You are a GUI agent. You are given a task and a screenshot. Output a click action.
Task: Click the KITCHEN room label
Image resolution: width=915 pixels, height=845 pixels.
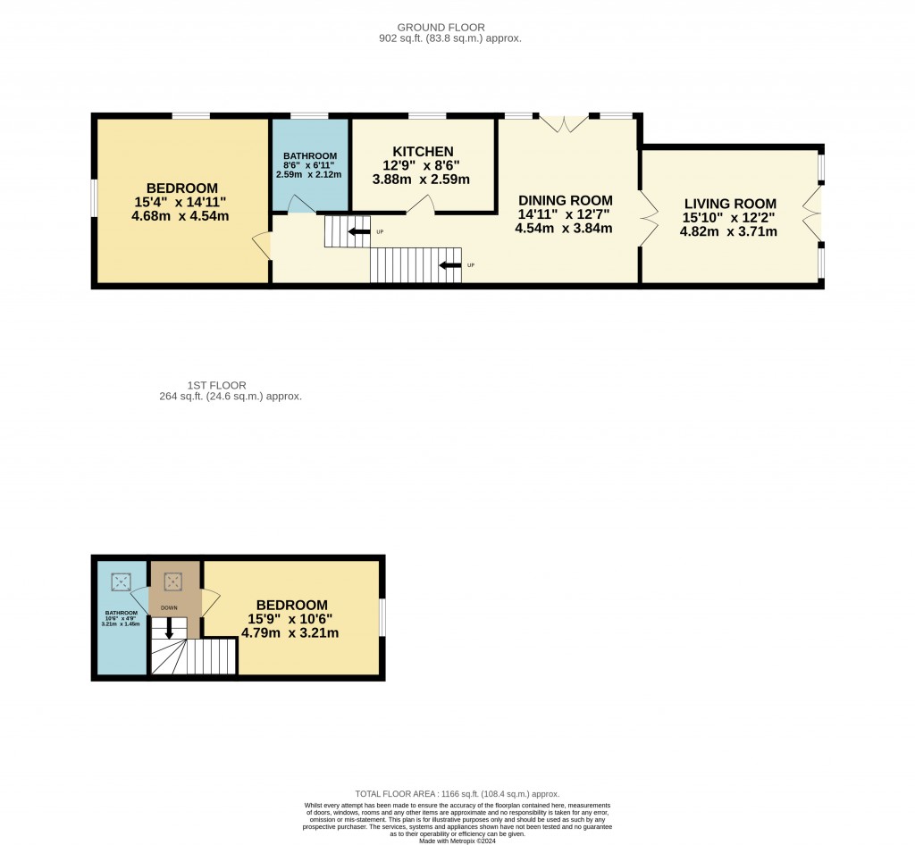pyautogui.click(x=423, y=151)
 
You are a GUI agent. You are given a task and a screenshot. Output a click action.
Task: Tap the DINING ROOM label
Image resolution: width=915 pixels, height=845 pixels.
pyautogui.click(x=566, y=200)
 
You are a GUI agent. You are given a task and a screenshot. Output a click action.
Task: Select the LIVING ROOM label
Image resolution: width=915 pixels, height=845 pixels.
pyautogui.click(x=730, y=204)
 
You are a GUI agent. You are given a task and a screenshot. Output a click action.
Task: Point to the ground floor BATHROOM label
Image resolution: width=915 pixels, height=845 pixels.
pyautogui.click(x=310, y=155)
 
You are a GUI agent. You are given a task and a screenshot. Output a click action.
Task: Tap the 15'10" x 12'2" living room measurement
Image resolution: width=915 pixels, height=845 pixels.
pyautogui.click(x=730, y=218)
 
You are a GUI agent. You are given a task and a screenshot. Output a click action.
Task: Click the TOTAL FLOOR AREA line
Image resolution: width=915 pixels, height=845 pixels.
pyautogui.click(x=457, y=793)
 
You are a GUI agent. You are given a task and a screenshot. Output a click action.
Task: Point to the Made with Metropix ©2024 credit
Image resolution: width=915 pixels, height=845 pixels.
pyautogui.click(x=457, y=841)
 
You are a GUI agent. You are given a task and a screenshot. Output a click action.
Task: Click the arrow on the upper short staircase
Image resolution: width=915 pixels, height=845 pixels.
pyautogui.click(x=359, y=232)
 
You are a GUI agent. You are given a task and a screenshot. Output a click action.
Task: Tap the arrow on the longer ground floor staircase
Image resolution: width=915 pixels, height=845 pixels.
pyautogui.click(x=450, y=265)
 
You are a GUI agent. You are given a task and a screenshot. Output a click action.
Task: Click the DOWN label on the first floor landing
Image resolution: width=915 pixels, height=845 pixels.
pyautogui.click(x=169, y=607)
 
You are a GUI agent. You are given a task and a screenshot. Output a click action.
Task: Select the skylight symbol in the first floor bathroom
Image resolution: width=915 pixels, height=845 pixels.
pyautogui.click(x=120, y=582)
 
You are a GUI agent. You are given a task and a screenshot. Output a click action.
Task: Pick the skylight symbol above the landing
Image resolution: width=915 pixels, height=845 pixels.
pyautogui.click(x=172, y=582)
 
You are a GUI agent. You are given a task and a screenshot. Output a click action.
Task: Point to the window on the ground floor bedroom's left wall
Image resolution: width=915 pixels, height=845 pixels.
pyautogui.click(x=93, y=197)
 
